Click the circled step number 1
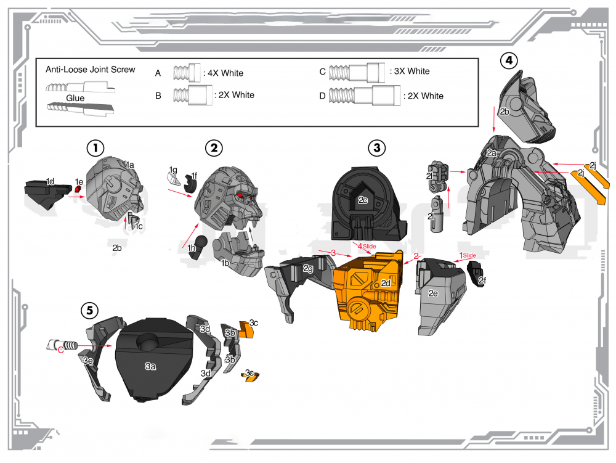click(95, 148)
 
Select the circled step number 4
click(508, 60)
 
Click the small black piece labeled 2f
click(478, 274)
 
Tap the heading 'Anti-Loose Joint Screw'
click(90, 69)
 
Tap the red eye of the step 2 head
click(240, 195)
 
